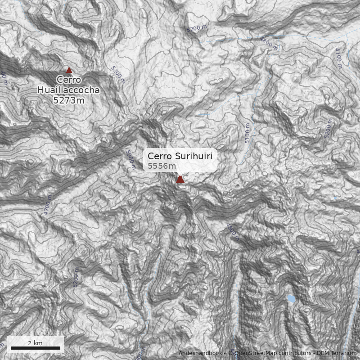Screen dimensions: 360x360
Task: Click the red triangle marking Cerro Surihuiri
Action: click(180, 180)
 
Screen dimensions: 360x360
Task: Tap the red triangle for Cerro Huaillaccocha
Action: click(69, 70)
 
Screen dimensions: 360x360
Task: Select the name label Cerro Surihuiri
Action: click(180, 156)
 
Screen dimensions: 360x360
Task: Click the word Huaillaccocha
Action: click(68, 90)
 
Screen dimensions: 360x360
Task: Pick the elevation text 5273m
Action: click(68, 100)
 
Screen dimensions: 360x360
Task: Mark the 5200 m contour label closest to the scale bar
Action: click(76, 278)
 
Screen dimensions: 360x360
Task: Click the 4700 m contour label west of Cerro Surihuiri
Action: click(48, 207)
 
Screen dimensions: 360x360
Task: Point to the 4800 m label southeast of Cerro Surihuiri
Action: click(233, 232)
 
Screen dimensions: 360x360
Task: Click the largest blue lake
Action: click(292, 298)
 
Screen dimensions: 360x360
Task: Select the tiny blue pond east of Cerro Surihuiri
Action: click(335, 198)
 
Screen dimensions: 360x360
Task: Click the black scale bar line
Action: click(35, 348)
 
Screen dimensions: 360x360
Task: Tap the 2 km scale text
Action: click(35, 343)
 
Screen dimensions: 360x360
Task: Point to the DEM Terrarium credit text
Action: click(336, 353)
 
